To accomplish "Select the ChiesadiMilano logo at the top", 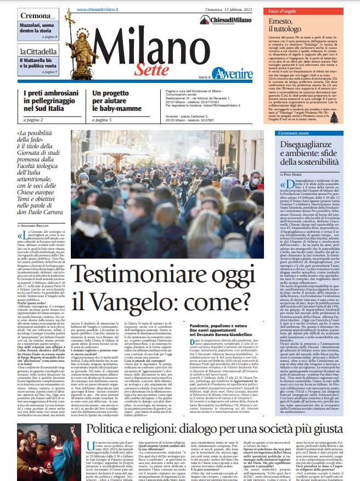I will click(x=223, y=19).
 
